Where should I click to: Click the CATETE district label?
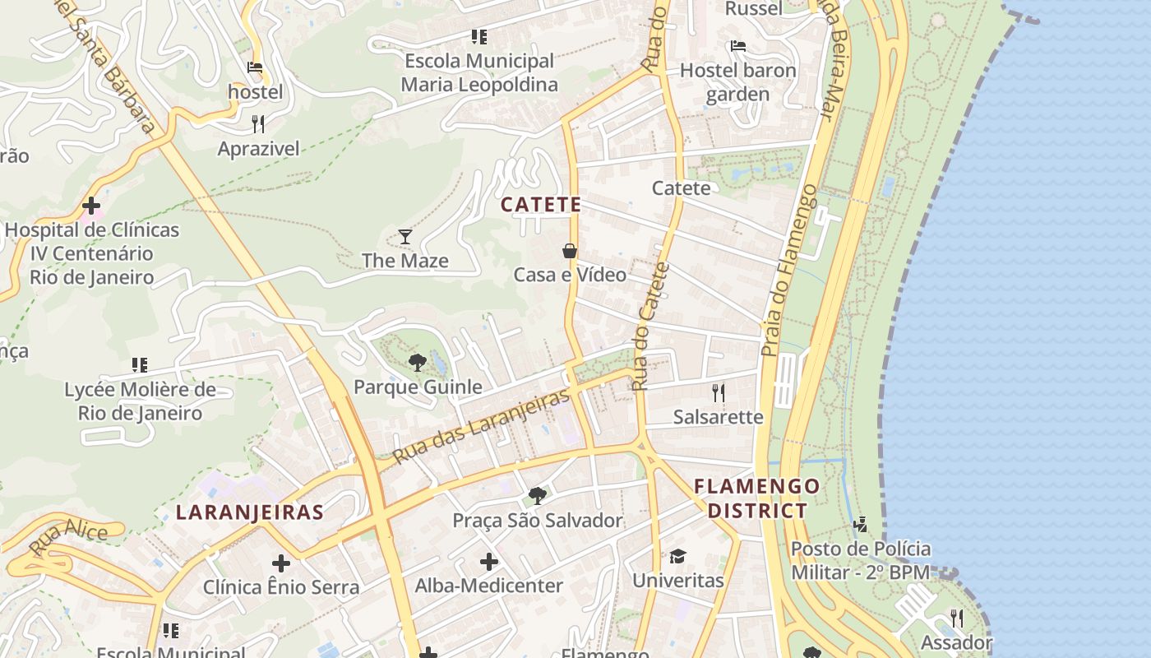coord(541,205)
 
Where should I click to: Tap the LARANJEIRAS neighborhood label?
coord(249,512)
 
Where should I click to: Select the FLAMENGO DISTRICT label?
coord(757,498)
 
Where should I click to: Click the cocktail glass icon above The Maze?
coord(404,237)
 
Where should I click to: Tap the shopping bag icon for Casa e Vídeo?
coord(569,250)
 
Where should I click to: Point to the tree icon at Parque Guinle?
coord(418,362)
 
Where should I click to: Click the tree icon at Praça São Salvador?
coord(538,495)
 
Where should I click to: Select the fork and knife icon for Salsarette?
coord(719,392)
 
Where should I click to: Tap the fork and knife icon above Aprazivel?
coord(258,124)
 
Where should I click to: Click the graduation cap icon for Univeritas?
coord(677,557)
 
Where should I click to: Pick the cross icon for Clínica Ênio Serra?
coord(281,563)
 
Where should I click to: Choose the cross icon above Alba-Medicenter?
coord(489,562)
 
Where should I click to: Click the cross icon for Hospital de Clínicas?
coord(91,205)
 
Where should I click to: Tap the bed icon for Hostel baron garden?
coord(738,46)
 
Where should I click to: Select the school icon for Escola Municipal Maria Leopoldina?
coord(478,37)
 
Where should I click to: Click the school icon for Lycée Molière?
coord(140,364)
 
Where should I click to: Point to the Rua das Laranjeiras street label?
coord(481,426)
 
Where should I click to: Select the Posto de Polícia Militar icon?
coord(860,524)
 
